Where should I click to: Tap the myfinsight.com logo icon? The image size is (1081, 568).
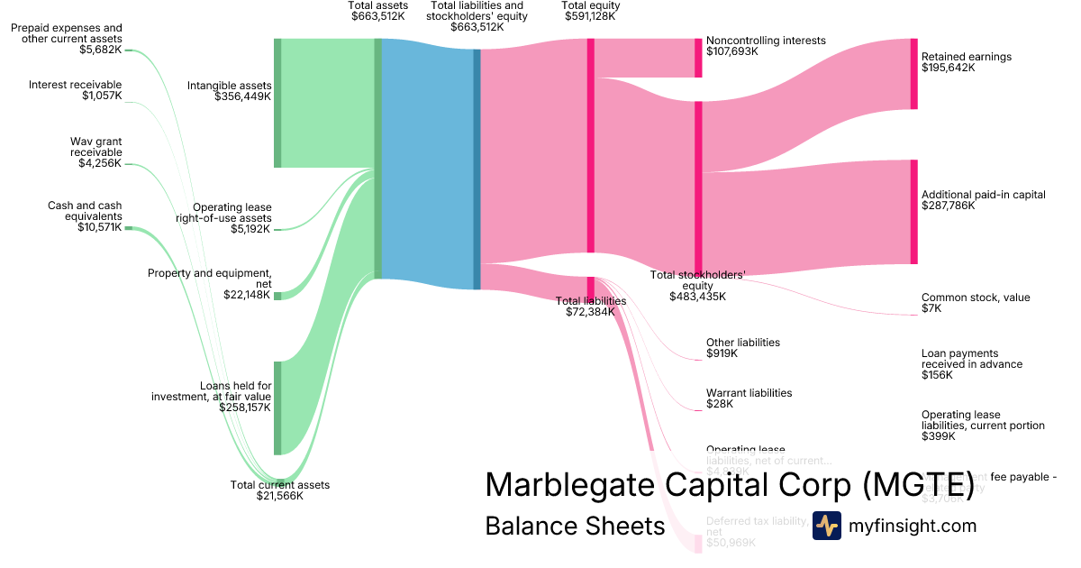826,526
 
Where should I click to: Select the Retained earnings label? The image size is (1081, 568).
967,57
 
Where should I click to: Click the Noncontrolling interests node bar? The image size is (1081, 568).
697,58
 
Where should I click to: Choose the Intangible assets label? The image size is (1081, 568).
229,86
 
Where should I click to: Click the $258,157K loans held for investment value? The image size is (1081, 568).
245,408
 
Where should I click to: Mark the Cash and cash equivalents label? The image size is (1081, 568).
85,211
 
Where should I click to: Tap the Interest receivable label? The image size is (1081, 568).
75,85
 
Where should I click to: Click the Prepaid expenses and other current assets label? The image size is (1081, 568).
67,33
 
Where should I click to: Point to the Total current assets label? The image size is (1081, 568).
280,485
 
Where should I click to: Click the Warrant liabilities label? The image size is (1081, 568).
749,393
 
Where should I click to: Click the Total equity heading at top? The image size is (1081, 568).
591,5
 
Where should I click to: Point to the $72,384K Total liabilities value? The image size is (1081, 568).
590,312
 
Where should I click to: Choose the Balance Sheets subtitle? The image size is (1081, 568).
575,526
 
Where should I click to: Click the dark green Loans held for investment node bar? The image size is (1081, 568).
277,408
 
